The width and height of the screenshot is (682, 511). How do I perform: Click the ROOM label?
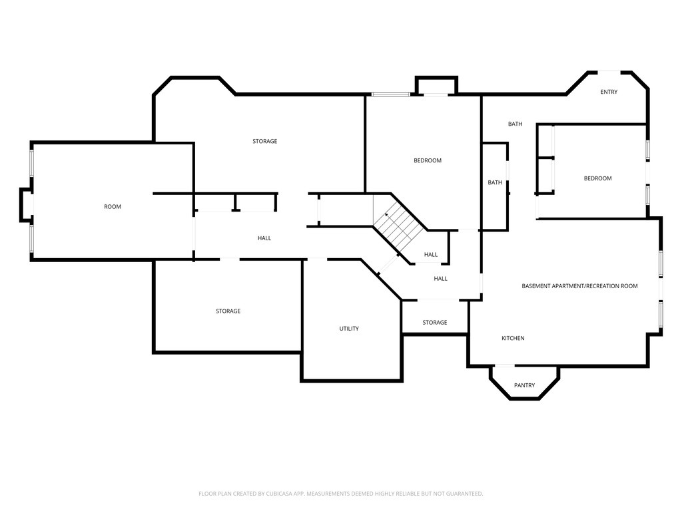112,207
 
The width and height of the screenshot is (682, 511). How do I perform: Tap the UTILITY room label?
349,329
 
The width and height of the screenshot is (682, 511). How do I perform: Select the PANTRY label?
525,385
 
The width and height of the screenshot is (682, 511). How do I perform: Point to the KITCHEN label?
513,338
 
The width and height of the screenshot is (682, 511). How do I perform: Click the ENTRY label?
609,92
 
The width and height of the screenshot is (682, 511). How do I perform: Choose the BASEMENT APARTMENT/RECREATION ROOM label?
580,286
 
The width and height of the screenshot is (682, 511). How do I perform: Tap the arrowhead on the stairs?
386,215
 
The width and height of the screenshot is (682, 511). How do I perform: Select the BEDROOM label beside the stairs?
428,161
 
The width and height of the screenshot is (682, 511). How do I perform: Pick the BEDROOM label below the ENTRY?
597,178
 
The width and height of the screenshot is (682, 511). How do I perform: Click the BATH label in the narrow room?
495,182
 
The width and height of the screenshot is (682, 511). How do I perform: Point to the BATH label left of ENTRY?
515,124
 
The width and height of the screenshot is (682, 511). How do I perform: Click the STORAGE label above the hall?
265,141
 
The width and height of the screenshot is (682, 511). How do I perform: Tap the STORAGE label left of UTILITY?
228,311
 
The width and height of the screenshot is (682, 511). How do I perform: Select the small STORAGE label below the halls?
435,323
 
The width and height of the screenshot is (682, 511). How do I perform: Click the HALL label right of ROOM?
264,238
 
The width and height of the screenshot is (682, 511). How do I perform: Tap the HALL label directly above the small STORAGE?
441,279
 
